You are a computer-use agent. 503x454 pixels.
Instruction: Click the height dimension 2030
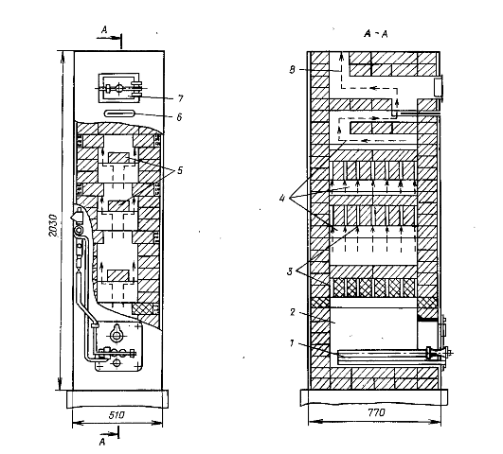coord(53,225)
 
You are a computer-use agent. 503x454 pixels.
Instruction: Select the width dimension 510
coord(117,415)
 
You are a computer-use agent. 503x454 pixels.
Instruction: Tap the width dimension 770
coord(376,412)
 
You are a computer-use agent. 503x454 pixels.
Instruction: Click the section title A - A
coord(376,34)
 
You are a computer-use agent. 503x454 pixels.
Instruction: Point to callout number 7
coord(180,98)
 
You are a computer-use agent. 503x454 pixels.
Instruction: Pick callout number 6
coord(179,117)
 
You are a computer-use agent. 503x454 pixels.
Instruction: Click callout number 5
coord(180,170)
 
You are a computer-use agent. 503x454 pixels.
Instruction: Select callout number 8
coord(292,70)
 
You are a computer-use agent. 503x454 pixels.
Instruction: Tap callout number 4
coord(282,199)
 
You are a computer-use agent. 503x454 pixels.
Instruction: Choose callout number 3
coord(290,272)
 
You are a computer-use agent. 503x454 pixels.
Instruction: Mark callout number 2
coord(293,312)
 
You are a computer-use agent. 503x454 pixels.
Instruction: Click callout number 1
coord(292,343)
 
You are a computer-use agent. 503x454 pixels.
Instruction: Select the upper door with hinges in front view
coord(119,88)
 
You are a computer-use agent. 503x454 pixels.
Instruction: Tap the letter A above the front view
coord(104,30)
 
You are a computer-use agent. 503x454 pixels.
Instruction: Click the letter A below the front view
coord(102,442)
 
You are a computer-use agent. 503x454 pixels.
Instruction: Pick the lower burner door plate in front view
coord(119,347)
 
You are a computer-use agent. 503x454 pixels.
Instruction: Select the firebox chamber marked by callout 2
coord(373,328)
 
